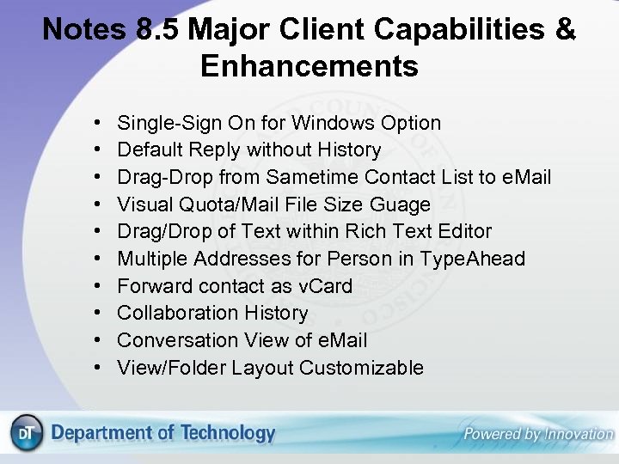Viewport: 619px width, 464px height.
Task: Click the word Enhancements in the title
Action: (309, 65)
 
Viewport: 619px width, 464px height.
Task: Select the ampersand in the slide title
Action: (566, 29)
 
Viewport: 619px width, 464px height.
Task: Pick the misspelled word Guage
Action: (400, 205)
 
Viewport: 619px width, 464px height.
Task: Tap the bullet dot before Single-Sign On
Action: (100, 124)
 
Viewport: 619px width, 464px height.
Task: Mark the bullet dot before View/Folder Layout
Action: (100, 369)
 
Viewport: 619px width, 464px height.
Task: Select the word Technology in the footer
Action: (227, 433)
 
